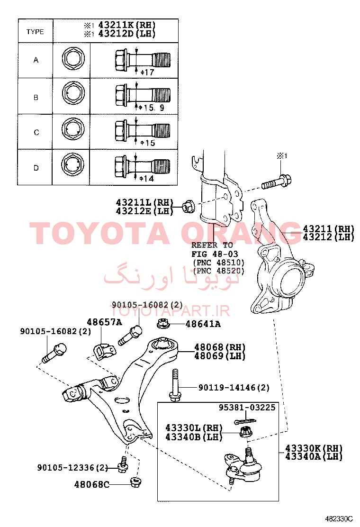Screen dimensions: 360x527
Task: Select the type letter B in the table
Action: (x=36, y=98)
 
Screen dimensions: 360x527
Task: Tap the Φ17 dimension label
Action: (x=147, y=72)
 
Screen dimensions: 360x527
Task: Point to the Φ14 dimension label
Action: (x=147, y=179)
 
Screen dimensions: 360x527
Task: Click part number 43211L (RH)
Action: (x=144, y=202)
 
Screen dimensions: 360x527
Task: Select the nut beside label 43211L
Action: (x=188, y=206)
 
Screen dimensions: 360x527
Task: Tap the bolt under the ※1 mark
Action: (x=276, y=182)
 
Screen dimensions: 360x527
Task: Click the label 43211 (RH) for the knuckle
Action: (x=328, y=228)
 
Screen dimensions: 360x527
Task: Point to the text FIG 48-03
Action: (x=215, y=254)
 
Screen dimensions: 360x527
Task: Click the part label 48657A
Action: (x=104, y=322)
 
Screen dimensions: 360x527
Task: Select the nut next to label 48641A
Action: (x=163, y=323)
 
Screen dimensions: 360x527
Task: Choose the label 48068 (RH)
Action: (x=220, y=347)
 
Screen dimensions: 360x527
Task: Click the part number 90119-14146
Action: (x=227, y=388)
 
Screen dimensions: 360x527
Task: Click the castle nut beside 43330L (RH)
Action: (x=246, y=431)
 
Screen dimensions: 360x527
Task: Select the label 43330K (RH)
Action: (x=314, y=448)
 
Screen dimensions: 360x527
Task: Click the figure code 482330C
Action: (x=339, y=518)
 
